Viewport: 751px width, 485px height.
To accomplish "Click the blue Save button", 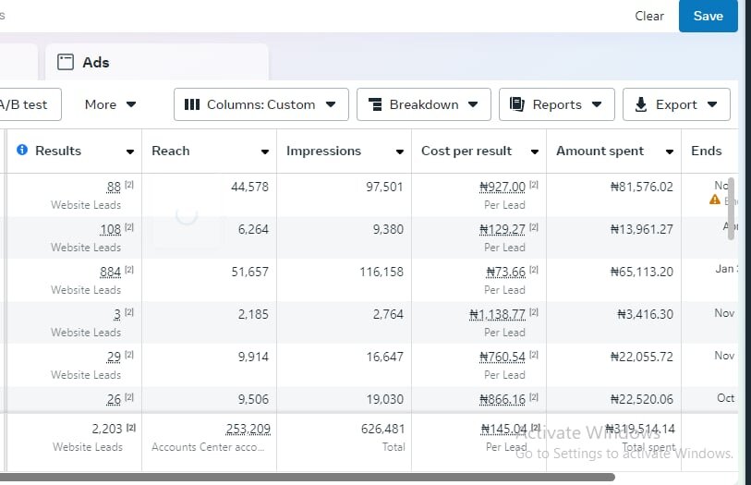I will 708,16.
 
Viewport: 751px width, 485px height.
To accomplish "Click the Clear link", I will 649,16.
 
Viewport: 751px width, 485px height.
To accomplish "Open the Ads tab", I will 83,63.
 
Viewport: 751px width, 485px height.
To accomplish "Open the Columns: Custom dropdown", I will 260,104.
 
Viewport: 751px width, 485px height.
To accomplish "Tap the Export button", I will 675,104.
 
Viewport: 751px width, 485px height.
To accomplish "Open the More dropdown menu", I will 110,104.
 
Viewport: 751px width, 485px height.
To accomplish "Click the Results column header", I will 58,151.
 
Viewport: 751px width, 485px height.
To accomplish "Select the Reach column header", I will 171,151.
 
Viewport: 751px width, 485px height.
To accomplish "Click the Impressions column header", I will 323,151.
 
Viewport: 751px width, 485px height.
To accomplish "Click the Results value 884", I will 110,272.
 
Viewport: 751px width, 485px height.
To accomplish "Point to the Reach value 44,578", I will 249,187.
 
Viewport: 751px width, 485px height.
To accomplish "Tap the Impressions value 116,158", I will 382,272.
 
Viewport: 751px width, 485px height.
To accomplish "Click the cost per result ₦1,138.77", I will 497,314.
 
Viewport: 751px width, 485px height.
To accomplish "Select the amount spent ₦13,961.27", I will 642,229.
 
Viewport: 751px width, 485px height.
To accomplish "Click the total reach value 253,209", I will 248,429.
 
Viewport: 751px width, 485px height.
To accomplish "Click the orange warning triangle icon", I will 714,200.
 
